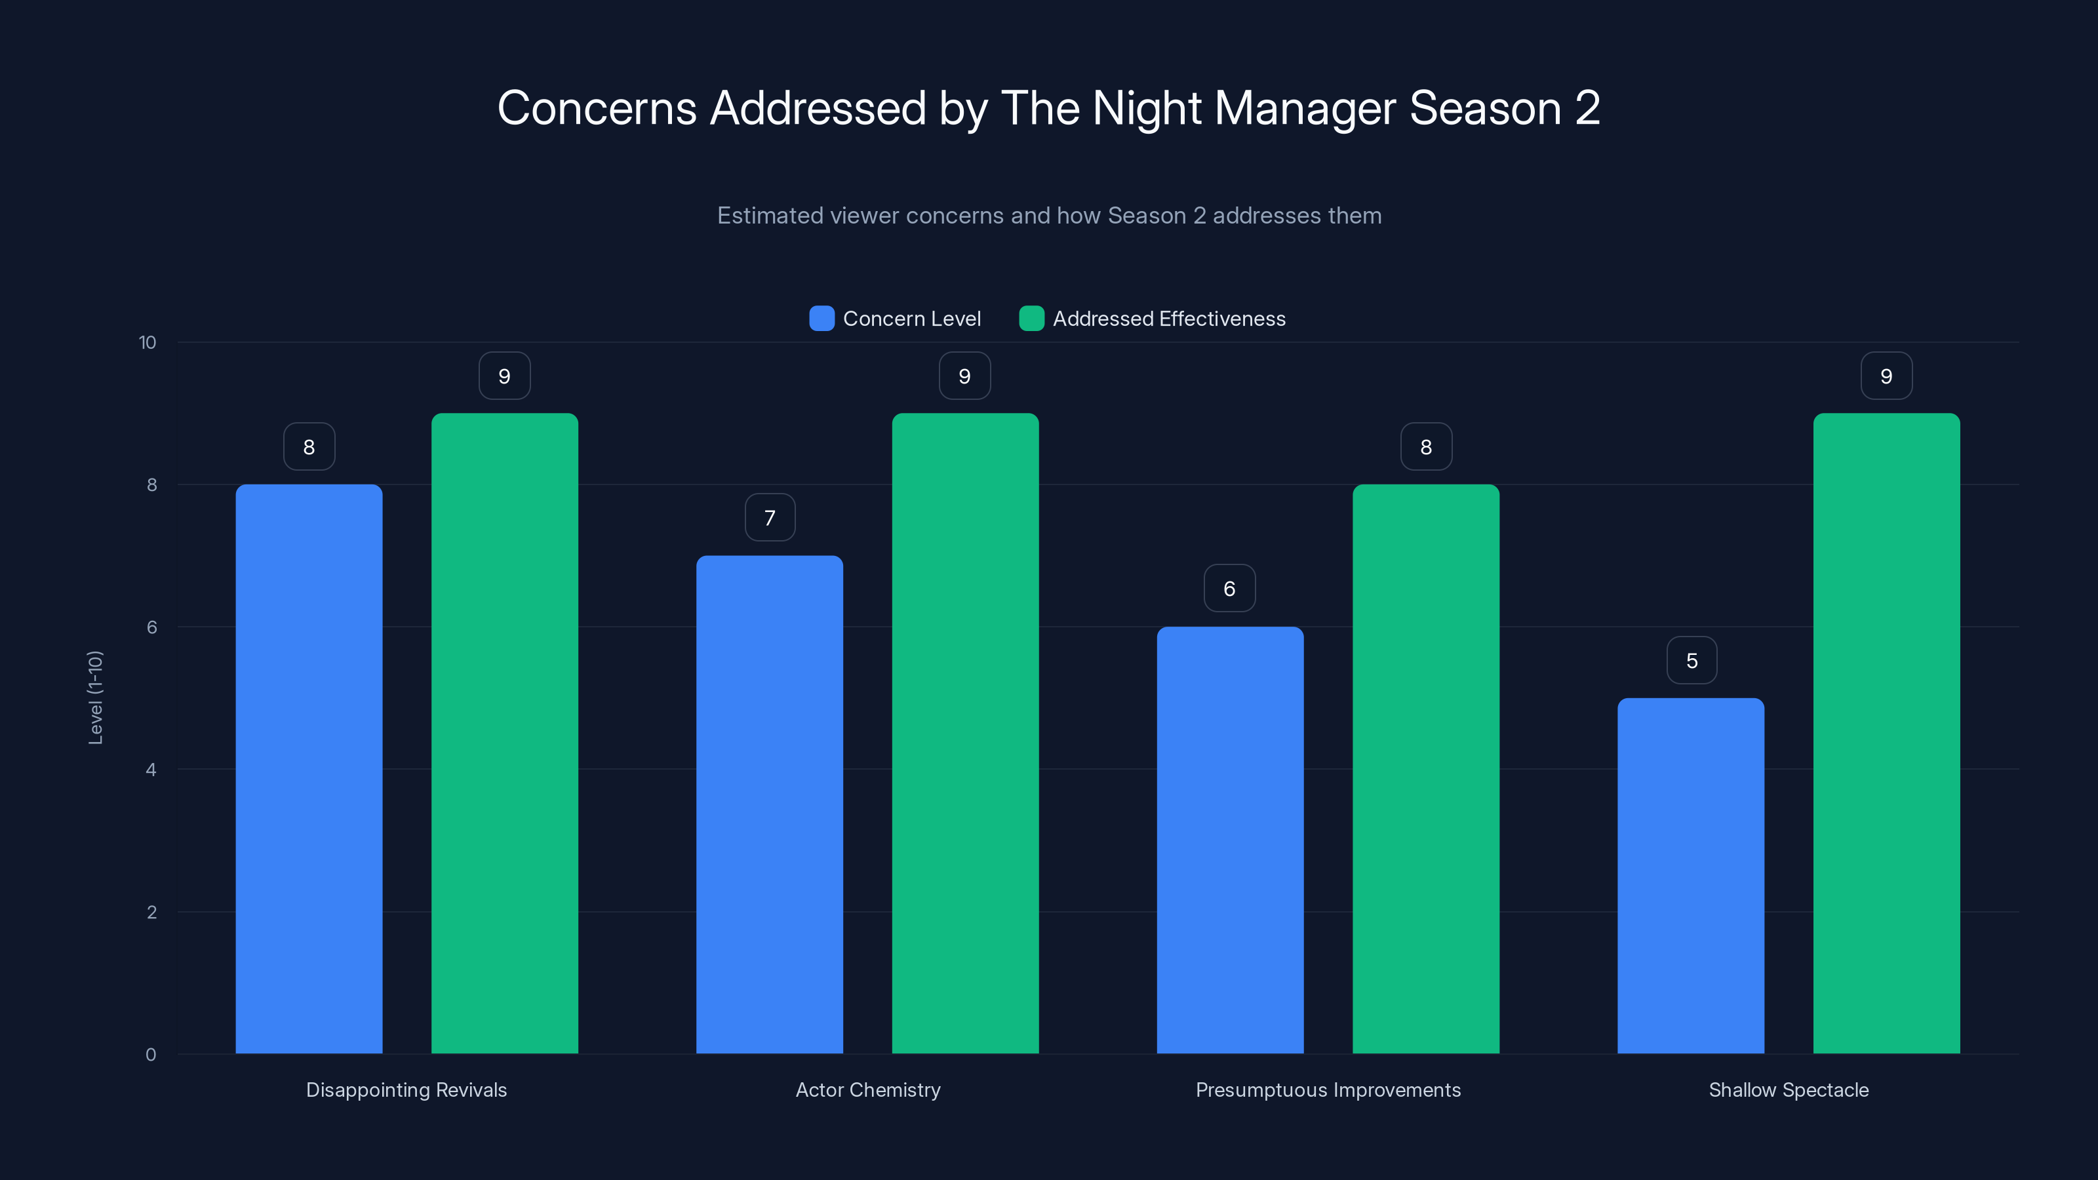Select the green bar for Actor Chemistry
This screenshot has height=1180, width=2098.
(965, 733)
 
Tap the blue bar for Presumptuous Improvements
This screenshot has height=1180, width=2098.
(1230, 840)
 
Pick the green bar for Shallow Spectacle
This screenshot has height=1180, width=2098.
(1886, 733)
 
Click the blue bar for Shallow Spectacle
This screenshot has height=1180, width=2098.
(1691, 875)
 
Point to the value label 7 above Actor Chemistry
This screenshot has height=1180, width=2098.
(770, 518)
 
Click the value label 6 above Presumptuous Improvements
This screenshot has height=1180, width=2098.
(1230, 589)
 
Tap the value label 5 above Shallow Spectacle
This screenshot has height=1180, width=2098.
(1692, 660)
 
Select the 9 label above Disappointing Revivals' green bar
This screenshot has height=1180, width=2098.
(504, 376)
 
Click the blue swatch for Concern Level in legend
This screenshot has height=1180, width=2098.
(821, 319)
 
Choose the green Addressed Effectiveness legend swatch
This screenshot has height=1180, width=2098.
(1031, 319)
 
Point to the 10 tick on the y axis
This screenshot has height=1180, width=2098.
(148, 343)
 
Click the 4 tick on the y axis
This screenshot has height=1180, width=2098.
(151, 770)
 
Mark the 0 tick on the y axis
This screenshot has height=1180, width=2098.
(151, 1055)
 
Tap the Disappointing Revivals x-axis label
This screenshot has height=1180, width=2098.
(406, 1090)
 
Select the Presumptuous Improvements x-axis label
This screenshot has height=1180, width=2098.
(1328, 1090)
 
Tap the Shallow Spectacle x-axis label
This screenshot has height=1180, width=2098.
(1789, 1090)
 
